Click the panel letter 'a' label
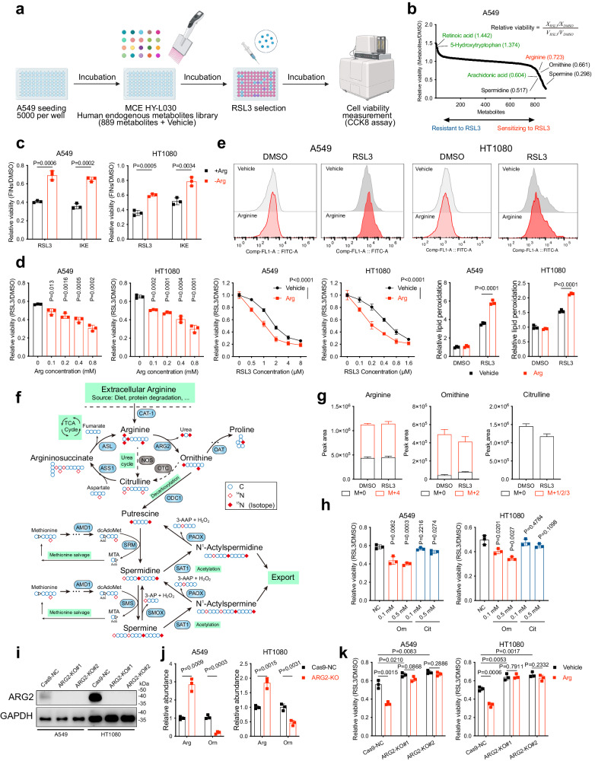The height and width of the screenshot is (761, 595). point(7,10)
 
